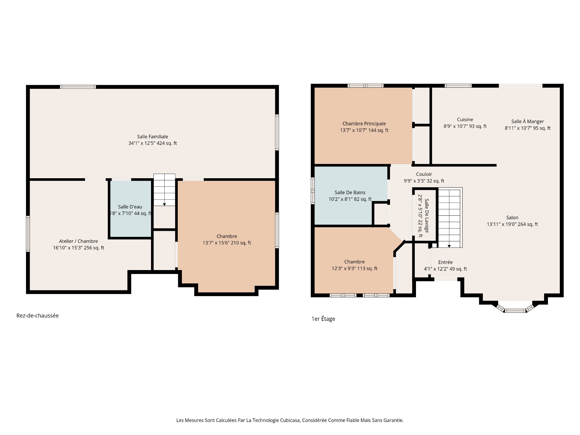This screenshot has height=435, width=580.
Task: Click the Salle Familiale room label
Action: [153, 137]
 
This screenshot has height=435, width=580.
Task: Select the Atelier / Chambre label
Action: [79, 241]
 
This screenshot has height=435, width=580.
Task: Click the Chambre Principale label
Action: [364, 124]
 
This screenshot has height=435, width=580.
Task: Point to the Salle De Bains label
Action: [350, 192]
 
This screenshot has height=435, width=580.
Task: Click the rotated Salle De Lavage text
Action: [427, 215]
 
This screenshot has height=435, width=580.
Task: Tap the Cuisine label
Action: [465, 120]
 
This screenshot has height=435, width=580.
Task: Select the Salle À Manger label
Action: [527, 121]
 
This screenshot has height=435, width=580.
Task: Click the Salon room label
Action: [512, 217]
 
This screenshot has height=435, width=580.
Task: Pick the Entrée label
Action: [445, 262]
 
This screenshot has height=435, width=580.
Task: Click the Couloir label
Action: [424, 174]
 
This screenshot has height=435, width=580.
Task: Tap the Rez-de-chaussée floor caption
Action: [37, 316]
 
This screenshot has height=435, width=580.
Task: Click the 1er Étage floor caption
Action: [323, 319]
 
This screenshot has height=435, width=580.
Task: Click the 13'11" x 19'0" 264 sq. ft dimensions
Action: [512, 224]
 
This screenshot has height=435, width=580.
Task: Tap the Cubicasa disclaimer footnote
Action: [290, 420]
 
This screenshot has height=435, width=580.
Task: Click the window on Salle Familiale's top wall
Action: [78, 87]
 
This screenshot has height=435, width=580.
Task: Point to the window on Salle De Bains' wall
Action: [313, 189]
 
